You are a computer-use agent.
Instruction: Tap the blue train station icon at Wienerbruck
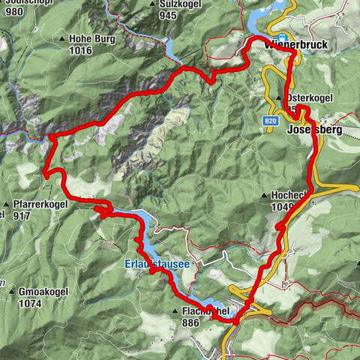click(282, 38)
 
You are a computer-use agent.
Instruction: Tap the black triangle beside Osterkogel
click(279, 98)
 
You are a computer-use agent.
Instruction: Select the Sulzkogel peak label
click(178, 4)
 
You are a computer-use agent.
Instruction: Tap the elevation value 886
click(191, 322)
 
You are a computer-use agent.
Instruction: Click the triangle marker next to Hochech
click(265, 196)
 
